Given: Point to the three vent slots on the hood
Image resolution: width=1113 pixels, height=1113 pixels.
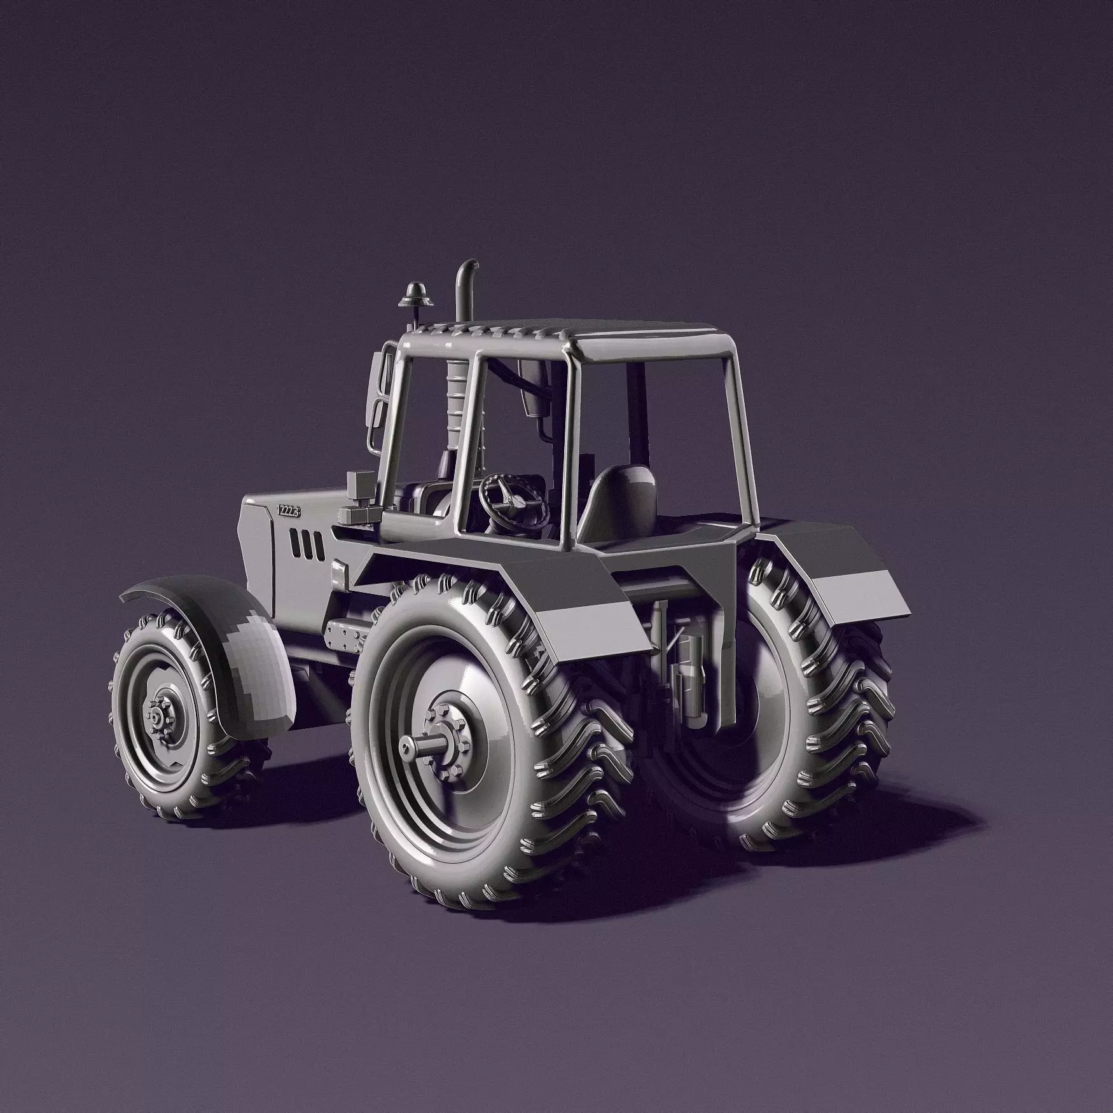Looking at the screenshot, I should (306, 538).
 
